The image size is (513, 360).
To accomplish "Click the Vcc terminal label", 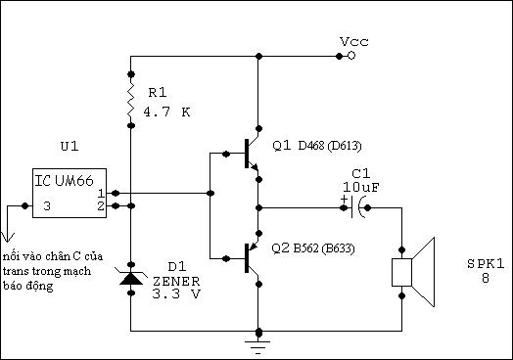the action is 354,41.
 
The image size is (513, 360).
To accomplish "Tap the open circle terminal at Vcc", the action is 351,56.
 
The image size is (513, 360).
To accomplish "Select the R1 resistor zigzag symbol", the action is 131,100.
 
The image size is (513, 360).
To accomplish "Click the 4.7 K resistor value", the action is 166,112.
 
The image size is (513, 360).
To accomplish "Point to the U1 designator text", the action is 70,146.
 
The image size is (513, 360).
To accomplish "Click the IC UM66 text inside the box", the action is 65,181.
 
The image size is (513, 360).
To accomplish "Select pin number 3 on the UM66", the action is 47,206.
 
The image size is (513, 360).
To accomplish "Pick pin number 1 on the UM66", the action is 101,194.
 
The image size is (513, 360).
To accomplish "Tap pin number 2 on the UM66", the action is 101,206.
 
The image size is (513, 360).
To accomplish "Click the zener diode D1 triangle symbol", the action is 131,278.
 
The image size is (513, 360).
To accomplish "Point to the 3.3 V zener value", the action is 176,293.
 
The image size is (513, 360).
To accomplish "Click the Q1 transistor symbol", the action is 252,154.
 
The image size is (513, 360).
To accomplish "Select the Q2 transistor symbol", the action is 252,258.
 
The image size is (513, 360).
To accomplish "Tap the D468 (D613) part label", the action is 330,146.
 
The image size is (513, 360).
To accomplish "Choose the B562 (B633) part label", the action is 324,248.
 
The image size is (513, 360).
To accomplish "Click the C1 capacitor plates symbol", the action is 357,207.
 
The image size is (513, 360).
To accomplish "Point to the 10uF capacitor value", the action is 361,188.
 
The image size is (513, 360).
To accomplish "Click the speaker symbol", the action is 413,272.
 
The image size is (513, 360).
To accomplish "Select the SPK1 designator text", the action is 486,264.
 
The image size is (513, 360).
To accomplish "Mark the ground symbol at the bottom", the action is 258,346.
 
